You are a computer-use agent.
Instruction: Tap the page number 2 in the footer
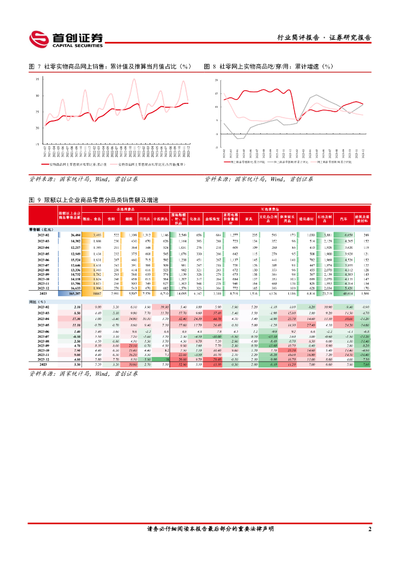coord(370,529)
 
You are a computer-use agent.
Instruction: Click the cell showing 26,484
coord(76,235)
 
